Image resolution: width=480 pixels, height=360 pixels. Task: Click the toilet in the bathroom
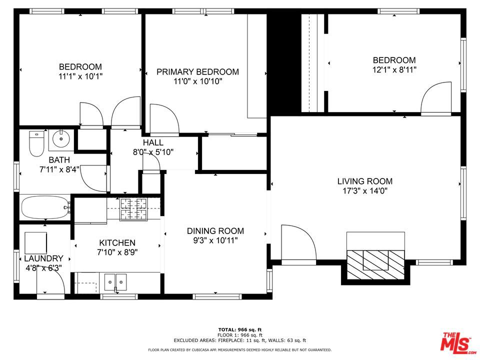36,143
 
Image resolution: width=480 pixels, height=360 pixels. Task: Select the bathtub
45,207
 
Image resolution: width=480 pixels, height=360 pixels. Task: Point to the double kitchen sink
115,282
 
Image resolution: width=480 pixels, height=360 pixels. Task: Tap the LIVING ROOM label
365,181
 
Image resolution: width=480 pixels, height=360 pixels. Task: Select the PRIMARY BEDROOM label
198,72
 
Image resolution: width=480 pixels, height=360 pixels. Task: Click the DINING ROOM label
215,231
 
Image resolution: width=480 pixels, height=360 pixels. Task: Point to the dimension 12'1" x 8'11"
394,70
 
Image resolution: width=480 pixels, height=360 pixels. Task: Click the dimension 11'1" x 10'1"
80,76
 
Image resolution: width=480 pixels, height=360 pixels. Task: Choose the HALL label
153,142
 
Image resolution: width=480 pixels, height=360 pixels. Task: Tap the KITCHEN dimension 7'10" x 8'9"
117,252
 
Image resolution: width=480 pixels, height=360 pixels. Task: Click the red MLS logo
458,342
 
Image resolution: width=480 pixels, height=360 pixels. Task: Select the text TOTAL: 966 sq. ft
240,329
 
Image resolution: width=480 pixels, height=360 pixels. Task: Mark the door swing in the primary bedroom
164,119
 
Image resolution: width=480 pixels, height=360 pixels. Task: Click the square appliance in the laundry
36,243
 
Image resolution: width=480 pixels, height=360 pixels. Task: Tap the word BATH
59,160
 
